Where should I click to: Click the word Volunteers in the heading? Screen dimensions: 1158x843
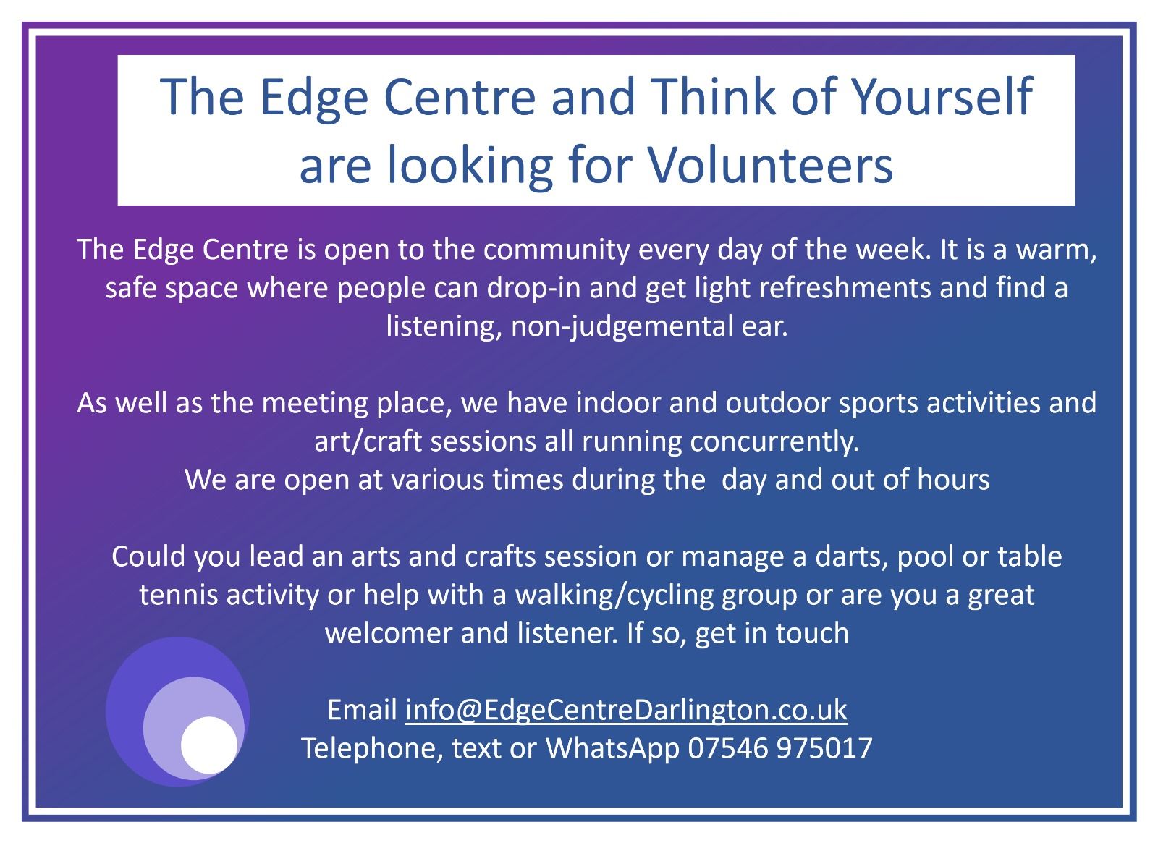coord(770,164)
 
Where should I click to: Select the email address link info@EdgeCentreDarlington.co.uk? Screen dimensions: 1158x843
coord(626,710)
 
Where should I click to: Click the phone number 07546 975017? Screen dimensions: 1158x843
coord(780,748)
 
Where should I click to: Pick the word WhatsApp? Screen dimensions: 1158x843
coord(612,749)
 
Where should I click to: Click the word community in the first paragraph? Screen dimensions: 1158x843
coord(557,250)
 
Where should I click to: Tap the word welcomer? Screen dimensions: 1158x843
coord(388,634)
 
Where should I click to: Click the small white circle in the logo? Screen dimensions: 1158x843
coord(209,745)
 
